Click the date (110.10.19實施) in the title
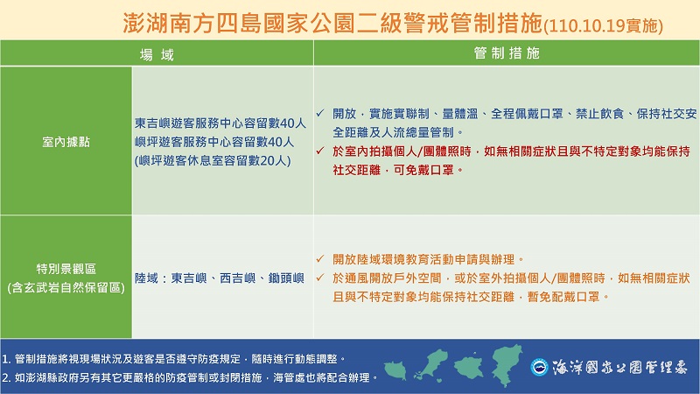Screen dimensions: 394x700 point(605,25)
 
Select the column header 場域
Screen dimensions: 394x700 point(157,53)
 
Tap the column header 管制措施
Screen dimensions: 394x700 point(507,53)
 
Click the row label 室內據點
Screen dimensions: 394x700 point(66,139)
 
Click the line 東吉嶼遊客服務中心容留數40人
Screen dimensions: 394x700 point(220,123)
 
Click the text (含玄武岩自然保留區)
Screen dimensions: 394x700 point(66,286)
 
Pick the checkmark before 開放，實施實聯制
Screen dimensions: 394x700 point(322,115)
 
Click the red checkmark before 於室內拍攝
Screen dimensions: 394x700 point(322,151)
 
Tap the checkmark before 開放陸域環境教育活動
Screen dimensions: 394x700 point(322,260)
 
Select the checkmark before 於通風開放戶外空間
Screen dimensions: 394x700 point(322,278)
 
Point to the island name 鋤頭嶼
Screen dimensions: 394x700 point(284,278)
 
